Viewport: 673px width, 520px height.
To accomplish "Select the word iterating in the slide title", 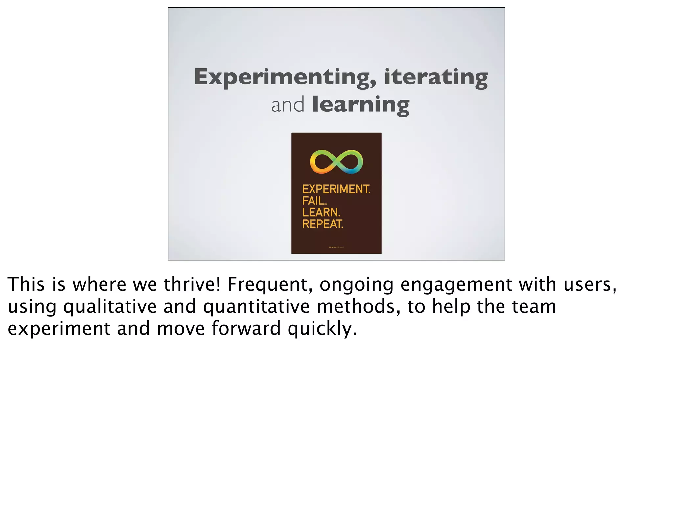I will pyautogui.click(x=436, y=77).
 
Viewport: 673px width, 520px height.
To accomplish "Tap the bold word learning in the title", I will pyautogui.click(x=361, y=105).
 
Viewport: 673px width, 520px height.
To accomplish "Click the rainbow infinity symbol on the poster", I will pyautogui.click(x=336, y=161).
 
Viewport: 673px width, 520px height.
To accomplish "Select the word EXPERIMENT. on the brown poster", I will pyautogui.click(x=336, y=189).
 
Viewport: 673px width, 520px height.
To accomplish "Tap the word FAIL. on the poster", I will pyautogui.click(x=314, y=201).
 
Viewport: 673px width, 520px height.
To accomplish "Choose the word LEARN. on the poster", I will pyautogui.click(x=321, y=212).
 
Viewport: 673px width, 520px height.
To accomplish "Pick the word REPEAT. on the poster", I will pyautogui.click(x=323, y=224).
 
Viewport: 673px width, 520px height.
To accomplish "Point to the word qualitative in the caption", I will pyautogui.click(x=110, y=306).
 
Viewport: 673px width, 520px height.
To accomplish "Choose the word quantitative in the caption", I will pyautogui.click(x=256, y=306).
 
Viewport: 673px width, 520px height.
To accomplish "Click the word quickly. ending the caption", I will pyautogui.click(x=322, y=329).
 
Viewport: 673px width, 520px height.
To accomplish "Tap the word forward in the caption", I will pyautogui.click(x=246, y=329).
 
